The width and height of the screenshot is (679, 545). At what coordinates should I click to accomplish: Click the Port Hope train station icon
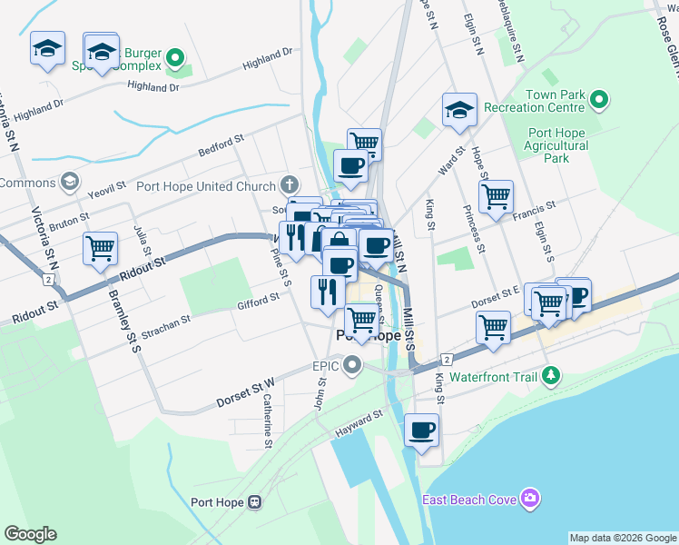[x=255, y=501]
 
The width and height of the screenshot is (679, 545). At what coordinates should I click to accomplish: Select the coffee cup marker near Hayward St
[x=421, y=430]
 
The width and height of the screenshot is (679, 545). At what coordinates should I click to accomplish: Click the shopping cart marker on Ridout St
[x=100, y=248]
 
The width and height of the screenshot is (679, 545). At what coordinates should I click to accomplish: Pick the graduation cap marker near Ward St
[x=459, y=111]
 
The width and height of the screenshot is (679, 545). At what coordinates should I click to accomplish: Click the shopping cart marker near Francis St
[x=496, y=196]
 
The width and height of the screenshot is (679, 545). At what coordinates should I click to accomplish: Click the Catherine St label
[x=268, y=421]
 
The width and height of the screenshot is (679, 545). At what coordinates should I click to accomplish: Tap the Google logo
[x=30, y=534]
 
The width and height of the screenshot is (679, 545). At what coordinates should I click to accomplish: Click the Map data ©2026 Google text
[x=622, y=538]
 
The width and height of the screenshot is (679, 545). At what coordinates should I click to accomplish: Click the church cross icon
[x=290, y=186]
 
